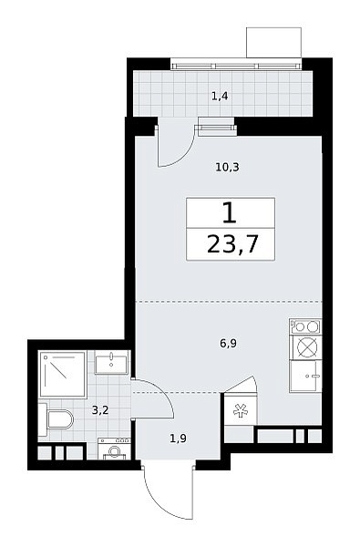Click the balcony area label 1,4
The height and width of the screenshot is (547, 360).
click(220, 96)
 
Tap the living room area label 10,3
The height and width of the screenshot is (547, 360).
click(227, 168)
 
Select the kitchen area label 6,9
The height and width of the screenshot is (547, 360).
click(229, 344)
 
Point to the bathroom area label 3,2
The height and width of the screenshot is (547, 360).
click(100, 410)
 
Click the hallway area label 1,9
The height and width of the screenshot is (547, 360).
click(178, 439)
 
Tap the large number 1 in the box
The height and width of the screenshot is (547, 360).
click(230, 213)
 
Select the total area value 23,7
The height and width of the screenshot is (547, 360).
click(232, 244)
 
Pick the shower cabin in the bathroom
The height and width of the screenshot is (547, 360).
click(63, 375)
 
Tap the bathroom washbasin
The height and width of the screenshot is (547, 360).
click(111, 364)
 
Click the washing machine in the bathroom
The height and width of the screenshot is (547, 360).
click(114, 449)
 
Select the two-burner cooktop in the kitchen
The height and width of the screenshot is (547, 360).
click(305, 326)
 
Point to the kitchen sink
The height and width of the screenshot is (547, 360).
click(305, 376)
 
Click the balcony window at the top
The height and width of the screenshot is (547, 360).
click(236, 66)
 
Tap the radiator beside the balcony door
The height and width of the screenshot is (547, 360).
click(216, 128)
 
